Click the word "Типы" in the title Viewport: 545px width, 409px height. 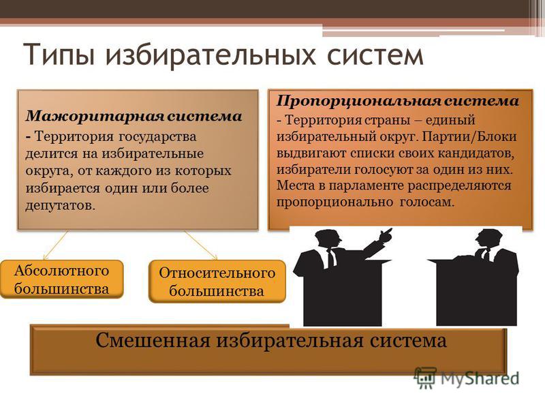coord(59,55)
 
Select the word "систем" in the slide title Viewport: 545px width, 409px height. coord(375,55)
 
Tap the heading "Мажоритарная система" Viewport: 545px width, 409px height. coord(134,116)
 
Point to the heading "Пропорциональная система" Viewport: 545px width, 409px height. coord(397,101)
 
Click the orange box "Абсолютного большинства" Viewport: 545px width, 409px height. coord(61,279)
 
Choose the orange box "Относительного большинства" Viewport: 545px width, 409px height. coord(217,282)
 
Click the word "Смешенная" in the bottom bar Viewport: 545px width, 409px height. coord(153,340)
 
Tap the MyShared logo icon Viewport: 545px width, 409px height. coord(424,378)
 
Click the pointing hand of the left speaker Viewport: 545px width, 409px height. coord(386,234)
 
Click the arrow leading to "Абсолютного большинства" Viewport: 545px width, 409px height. coord(56,245)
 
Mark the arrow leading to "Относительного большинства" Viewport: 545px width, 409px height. coord(201,245)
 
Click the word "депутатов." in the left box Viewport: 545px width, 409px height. coord(60,205)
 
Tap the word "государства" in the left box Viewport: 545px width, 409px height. coord(157,136)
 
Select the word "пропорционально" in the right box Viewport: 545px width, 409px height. coord(334,202)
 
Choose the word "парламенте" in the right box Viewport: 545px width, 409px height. coord(366,185)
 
